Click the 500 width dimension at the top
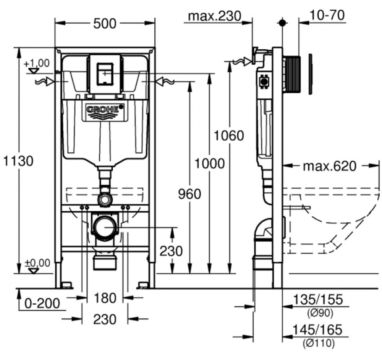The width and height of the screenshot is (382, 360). pos(105,23)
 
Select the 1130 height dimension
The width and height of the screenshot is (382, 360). pos(18,161)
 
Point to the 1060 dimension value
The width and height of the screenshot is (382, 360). pos(229,135)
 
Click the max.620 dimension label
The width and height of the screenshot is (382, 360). pos(329,166)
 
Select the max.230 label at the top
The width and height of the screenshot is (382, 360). pos(215,16)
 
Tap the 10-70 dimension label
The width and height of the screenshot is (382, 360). pos(327,15)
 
